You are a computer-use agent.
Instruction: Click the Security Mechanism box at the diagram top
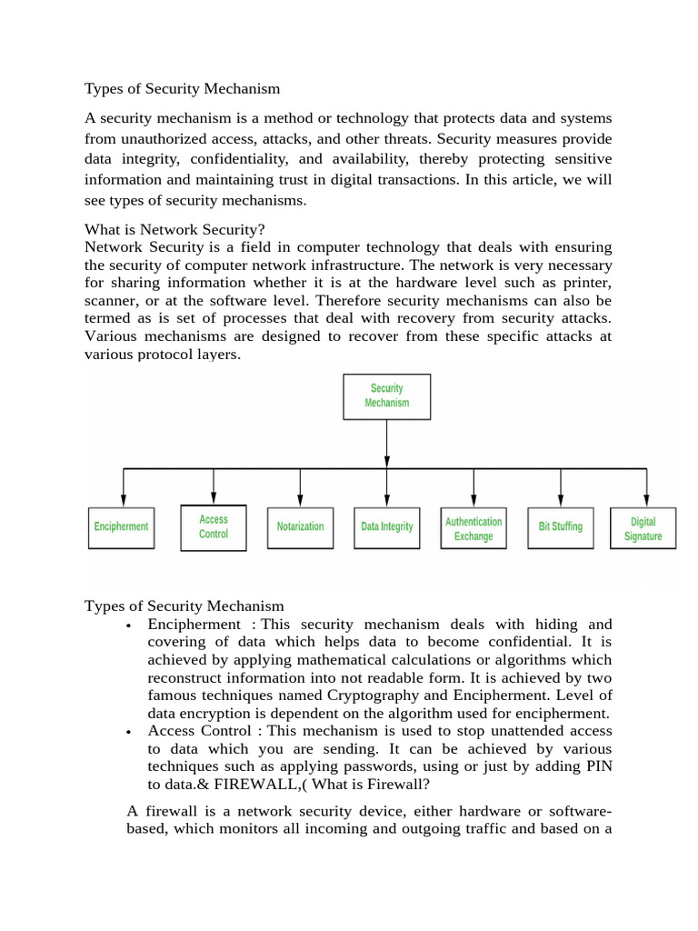pyautogui.click(x=387, y=395)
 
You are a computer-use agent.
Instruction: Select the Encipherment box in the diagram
pyautogui.click(x=121, y=527)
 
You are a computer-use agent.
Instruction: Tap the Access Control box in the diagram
pyautogui.click(x=214, y=526)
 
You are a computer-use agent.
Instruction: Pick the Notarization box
pyautogui.click(x=300, y=527)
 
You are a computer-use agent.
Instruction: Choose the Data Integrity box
pyautogui.click(x=387, y=527)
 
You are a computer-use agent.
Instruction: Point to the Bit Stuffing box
pyautogui.click(x=561, y=527)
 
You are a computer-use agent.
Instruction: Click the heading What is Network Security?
pyautogui.click(x=174, y=230)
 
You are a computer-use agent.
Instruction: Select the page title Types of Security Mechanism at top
pyautogui.click(x=182, y=89)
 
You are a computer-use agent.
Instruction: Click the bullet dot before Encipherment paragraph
pyautogui.click(x=132, y=626)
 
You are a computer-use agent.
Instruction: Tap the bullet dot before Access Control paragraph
pyautogui.click(x=132, y=733)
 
